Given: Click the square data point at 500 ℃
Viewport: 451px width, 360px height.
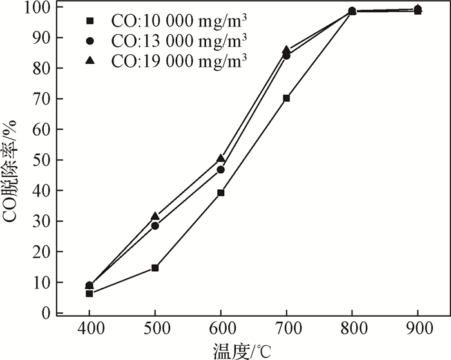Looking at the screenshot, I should (x=155, y=268).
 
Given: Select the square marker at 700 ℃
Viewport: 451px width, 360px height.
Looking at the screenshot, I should (x=286, y=99).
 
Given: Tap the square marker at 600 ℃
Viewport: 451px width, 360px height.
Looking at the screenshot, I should (x=220, y=193).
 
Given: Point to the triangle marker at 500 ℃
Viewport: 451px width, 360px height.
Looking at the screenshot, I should (x=155, y=216).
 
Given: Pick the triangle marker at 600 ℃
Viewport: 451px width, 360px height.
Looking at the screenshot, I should (x=220, y=158).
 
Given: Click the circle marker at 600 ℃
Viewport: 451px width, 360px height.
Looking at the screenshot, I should (x=220, y=170).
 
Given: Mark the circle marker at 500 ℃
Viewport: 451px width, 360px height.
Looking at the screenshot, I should (x=155, y=226).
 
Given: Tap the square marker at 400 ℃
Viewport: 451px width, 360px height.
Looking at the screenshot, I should (x=90, y=294).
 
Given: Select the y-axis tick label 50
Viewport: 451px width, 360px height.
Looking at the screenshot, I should (x=41, y=160).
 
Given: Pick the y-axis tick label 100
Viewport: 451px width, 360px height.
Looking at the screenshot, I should (x=37, y=7).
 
